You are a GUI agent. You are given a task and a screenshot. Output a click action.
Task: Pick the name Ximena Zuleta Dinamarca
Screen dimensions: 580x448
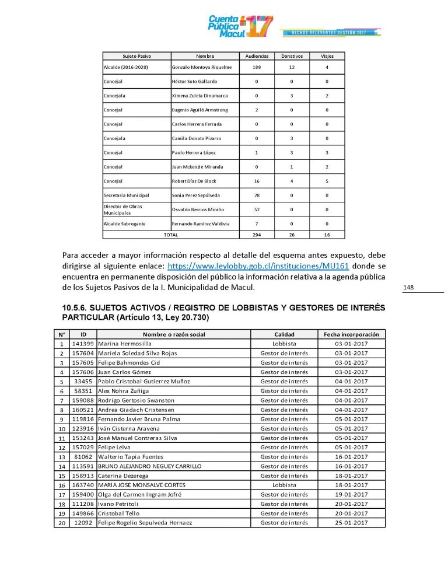[199, 96]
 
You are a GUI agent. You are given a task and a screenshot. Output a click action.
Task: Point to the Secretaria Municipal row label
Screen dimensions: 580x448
[127, 195]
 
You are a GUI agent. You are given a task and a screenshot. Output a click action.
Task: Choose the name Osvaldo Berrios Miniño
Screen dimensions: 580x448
[198, 209]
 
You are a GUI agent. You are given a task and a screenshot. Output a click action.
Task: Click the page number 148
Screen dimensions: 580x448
[409, 287]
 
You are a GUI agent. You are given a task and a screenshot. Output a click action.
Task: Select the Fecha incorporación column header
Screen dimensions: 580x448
[351, 334]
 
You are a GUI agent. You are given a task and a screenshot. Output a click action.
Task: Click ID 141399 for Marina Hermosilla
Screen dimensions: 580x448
[83, 344]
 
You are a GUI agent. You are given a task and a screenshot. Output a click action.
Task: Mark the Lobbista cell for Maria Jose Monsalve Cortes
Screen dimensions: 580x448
[284, 485]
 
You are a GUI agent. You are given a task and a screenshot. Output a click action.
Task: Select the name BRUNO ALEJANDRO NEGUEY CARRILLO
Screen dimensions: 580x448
[150, 466]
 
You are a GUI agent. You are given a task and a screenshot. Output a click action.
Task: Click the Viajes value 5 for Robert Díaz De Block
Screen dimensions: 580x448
[327, 181]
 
